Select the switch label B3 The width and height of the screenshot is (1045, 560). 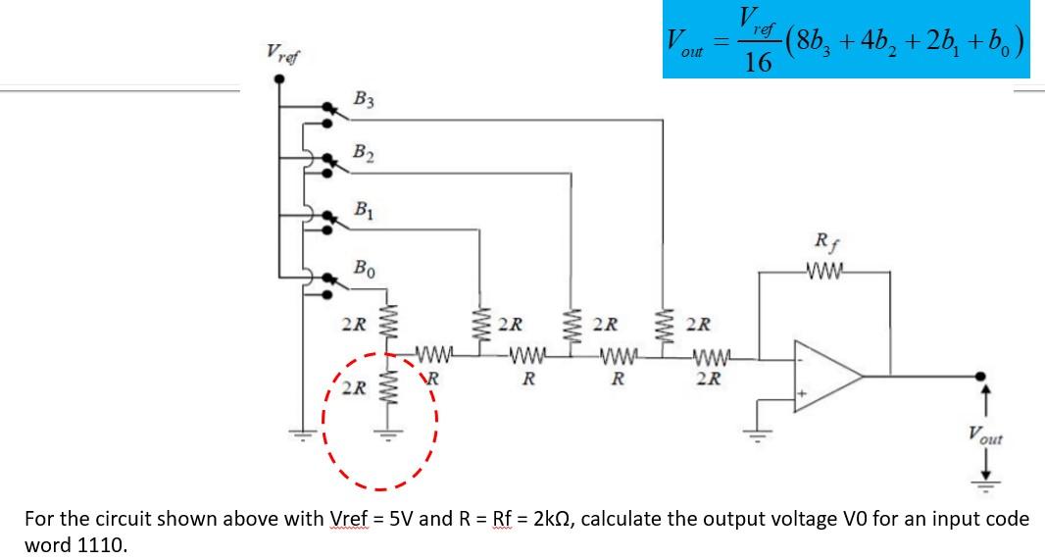pyautogui.click(x=364, y=99)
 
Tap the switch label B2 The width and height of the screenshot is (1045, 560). pyautogui.click(x=364, y=153)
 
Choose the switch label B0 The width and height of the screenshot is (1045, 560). pyautogui.click(x=364, y=267)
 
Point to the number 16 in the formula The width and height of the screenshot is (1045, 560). pyautogui.click(x=757, y=64)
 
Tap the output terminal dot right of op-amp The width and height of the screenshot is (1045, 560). pyautogui.click(x=979, y=376)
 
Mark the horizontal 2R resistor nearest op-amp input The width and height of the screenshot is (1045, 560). pyautogui.click(x=709, y=359)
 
